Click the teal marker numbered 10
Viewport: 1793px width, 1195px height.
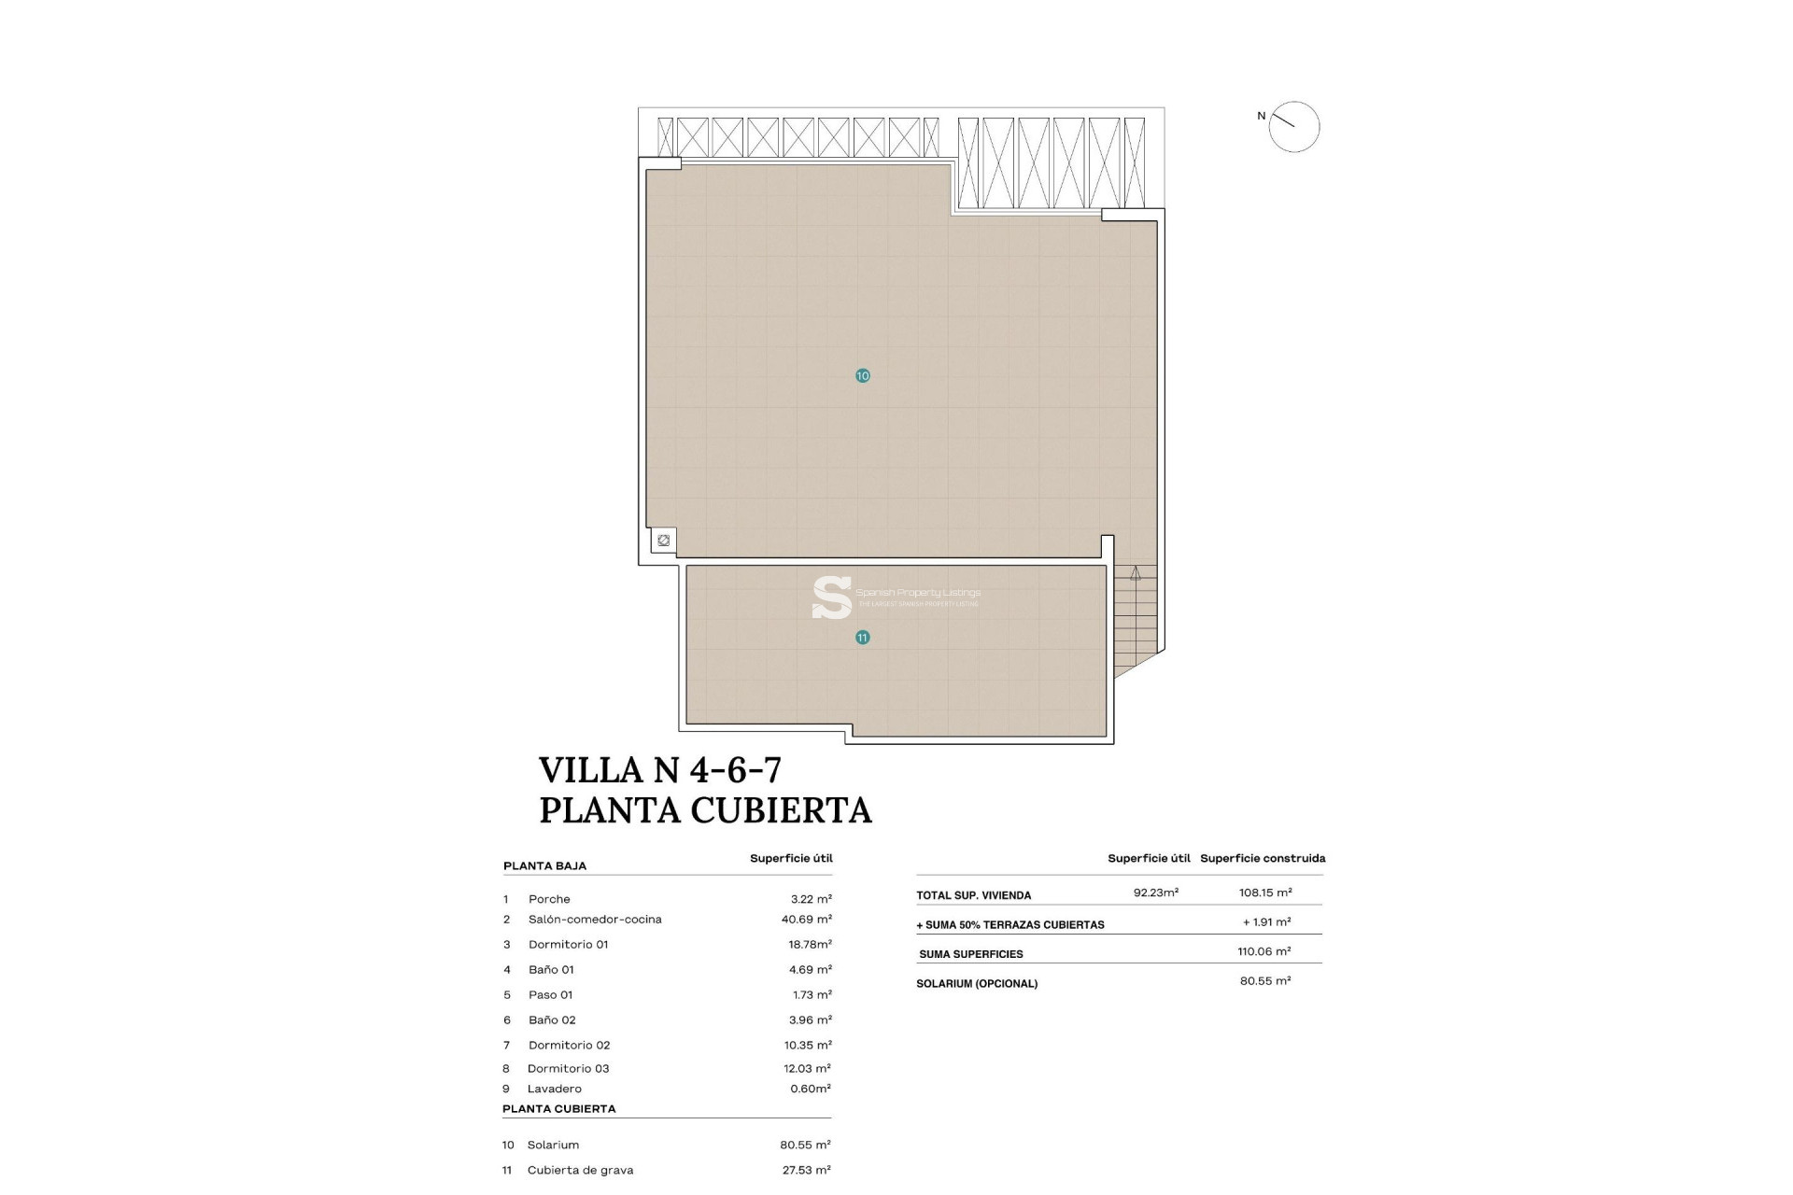coord(862,375)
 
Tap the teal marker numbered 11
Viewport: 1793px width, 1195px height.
coord(862,638)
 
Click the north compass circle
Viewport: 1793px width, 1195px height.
coord(1294,127)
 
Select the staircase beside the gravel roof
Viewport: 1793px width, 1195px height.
coord(1135,616)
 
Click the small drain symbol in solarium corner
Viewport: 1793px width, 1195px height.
coord(663,541)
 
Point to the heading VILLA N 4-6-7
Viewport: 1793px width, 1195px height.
coord(660,770)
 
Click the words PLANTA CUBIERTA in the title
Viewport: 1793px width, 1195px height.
coord(705,809)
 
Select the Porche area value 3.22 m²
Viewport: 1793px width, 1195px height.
coord(811,899)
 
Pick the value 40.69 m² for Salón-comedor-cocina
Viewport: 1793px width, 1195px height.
coord(806,920)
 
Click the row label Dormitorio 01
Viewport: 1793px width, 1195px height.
coord(568,945)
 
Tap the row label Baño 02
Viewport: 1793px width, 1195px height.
coord(552,1020)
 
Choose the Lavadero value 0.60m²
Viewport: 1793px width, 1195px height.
coord(810,1089)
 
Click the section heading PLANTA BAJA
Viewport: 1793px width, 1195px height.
coord(544,866)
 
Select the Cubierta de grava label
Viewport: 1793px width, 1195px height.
coord(580,1171)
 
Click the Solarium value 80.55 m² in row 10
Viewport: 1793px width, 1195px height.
coord(805,1146)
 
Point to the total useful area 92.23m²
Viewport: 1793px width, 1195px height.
coord(1155,893)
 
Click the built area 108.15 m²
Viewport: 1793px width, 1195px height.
coord(1265,893)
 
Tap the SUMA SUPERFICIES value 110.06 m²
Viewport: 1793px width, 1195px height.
coord(1264,951)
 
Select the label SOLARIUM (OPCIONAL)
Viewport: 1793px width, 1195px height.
coord(977,984)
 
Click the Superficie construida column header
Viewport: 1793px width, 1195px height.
coord(1263,858)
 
